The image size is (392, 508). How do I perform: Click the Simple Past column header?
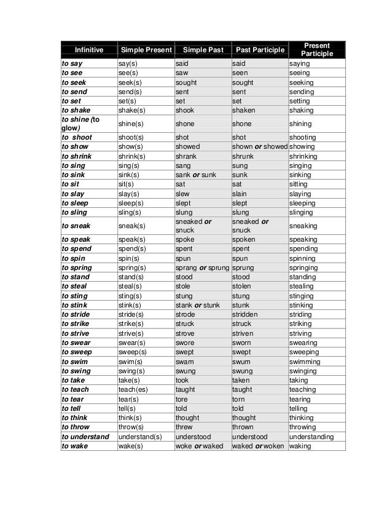(x=200, y=50)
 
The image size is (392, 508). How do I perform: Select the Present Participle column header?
(x=317, y=50)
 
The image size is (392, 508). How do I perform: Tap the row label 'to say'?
(x=72, y=63)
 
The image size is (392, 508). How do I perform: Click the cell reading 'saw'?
(x=182, y=73)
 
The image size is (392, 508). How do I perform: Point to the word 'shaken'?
(x=245, y=110)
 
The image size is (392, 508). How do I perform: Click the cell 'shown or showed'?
(x=259, y=147)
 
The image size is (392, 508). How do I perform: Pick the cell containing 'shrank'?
(x=186, y=156)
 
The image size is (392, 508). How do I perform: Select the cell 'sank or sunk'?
(x=195, y=175)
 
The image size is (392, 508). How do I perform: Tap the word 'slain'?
(x=240, y=193)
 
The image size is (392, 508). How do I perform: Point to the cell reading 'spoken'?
(x=245, y=240)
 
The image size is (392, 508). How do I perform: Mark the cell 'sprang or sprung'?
(x=202, y=268)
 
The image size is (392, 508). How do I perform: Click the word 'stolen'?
(x=243, y=286)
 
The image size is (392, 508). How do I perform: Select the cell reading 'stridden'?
(x=246, y=314)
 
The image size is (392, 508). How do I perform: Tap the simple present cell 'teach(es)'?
(x=135, y=389)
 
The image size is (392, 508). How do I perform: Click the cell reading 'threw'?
(x=184, y=426)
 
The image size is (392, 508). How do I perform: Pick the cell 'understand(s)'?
(x=140, y=437)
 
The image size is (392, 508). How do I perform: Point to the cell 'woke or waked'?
(x=199, y=446)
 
